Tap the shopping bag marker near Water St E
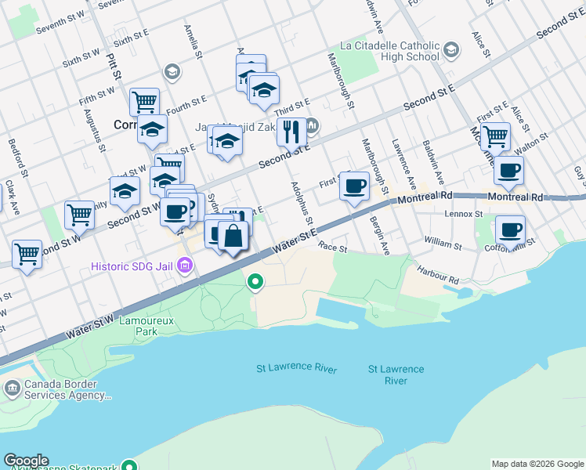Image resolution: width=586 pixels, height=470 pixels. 233,235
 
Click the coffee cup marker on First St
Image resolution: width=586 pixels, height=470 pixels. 354,186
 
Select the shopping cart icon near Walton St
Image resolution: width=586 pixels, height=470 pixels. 495,136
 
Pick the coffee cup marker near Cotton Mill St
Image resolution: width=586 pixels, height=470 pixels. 510,230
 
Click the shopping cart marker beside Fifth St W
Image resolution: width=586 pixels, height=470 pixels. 144,101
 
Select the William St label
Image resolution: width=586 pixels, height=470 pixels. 443,245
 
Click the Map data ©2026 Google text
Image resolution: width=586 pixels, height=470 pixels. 537,464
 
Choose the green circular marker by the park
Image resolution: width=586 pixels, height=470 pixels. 255,281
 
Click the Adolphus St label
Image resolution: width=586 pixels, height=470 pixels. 302,203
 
